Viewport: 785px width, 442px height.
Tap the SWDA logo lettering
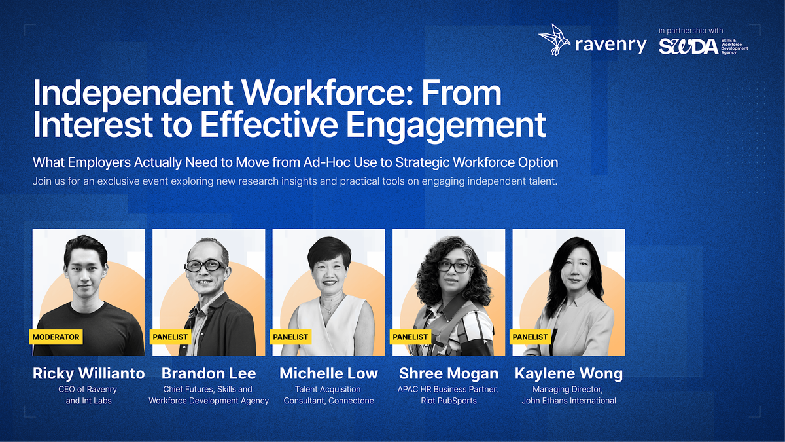pos(688,46)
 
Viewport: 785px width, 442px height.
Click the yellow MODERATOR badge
pos(56,337)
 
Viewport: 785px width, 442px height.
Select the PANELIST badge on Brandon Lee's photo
pos(170,337)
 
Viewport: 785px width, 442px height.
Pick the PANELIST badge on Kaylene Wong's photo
pos(531,337)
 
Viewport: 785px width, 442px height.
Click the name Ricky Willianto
pos(89,373)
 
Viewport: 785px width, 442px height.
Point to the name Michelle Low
pos(328,373)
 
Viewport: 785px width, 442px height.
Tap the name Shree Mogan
pos(449,373)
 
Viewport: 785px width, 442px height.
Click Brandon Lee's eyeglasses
pos(205,266)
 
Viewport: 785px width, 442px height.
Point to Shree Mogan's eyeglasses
pos(455,267)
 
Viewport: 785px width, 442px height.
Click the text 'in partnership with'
pos(691,31)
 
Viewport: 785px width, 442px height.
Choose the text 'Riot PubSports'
pos(449,401)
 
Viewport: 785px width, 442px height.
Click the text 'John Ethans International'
pos(568,401)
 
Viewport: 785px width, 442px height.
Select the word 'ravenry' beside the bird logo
pos(611,45)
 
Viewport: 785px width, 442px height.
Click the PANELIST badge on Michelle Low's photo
pos(290,337)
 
